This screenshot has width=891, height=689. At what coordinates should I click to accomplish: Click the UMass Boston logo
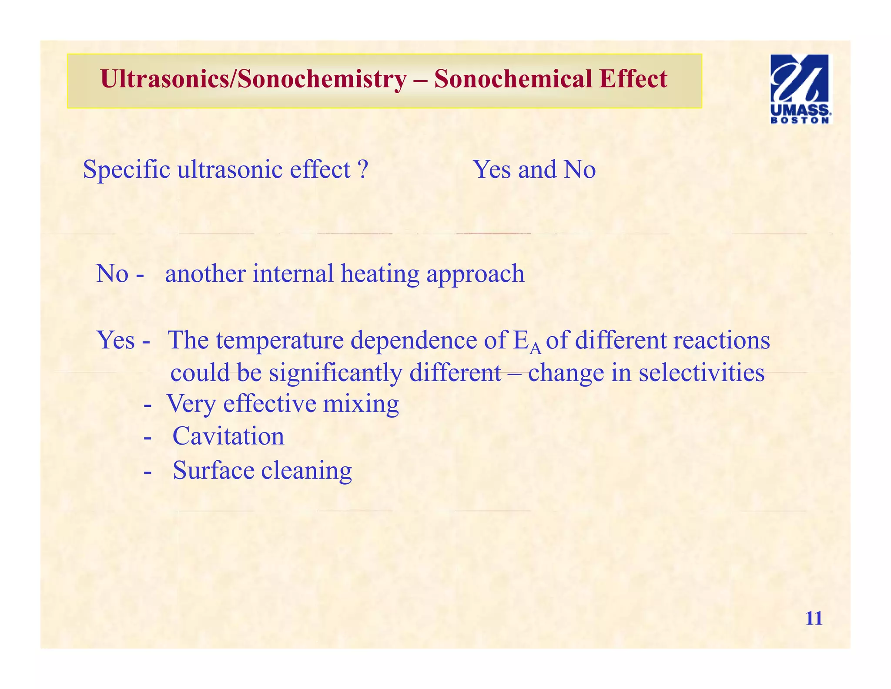[x=801, y=89]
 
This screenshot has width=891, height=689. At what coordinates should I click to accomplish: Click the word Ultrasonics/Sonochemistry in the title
[x=253, y=79]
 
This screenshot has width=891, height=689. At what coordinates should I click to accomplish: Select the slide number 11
[x=814, y=618]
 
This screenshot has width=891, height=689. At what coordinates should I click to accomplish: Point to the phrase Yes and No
[x=534, y=169]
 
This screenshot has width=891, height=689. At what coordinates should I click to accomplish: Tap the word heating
[x=380, y=274]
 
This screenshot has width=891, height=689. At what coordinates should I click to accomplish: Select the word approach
[x=475, y=274]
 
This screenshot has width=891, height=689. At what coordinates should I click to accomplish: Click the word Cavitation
[x=228, y=436]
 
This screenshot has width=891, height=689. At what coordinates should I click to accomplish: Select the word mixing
[x=361, y=403]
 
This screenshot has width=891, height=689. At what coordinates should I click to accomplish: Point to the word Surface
[x=213, y=470]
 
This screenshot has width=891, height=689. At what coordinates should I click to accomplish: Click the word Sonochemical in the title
[x=513, y=79]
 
